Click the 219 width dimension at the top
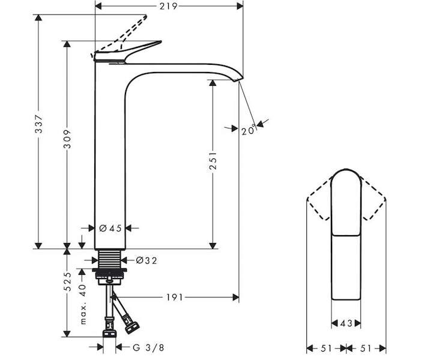click(168, 6)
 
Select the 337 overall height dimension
click(39, 124)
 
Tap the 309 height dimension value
click(67, 139)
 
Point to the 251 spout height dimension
click(213, 161)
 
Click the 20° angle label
click(249, 130)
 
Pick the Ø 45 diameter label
click(111, 228)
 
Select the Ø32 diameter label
click(147, 260)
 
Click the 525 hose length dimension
click(67, 281)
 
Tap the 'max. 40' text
click(83, 304)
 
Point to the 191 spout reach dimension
click(174, 297)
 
